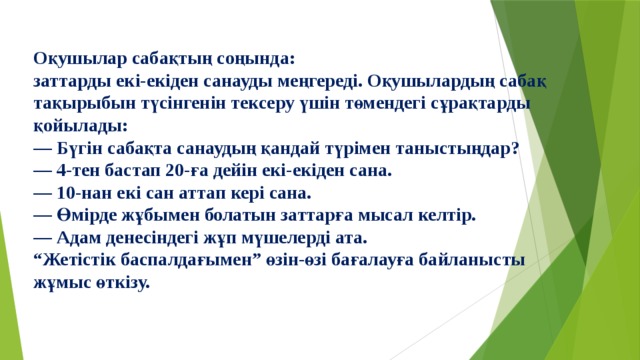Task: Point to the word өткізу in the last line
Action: click(x=122, y=283)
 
